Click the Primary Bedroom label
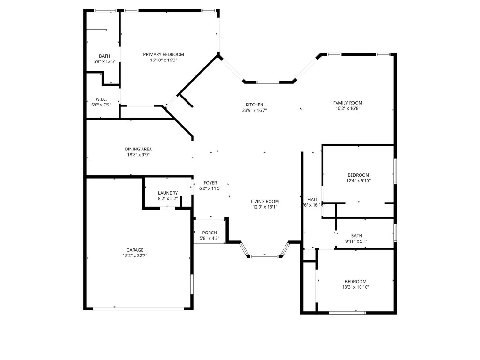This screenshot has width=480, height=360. [x=164, y=54]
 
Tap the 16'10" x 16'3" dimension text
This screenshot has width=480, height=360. [x=164, y=60]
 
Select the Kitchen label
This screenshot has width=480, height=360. [x=255, y=105]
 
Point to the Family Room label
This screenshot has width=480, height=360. [x=347, y=103]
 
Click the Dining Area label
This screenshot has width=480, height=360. [x=138, y=149]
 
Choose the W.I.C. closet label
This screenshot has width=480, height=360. [x=101, y=99]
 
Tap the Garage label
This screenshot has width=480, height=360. [x=135, y=250]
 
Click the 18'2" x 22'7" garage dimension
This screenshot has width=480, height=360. [x=135, y=255]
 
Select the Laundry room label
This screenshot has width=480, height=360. [x=167, y=193]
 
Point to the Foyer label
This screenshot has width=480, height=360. [x=210, y=183]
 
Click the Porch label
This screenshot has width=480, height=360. [x=209, y=232]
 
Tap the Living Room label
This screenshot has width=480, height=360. [x=265, y=201]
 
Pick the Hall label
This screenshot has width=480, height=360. [x=313, y=199]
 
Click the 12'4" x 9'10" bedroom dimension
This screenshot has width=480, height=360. [x=359, y=180]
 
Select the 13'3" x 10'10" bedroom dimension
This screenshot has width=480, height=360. [x=356, y=287]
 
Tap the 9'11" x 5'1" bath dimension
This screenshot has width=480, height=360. [x=357, y=241]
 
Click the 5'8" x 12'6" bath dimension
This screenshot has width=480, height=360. [x=104, y=61]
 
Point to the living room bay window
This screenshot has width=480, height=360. [x=265, y=256]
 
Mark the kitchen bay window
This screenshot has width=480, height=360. [x=268, y=82]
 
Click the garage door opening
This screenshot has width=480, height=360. [x=138, y=308]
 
